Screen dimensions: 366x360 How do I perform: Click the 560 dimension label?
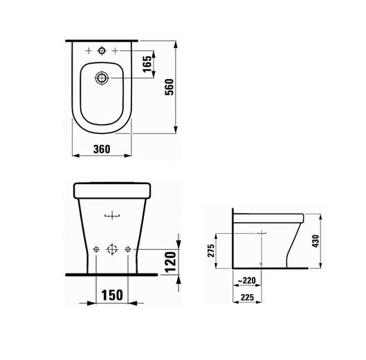click(x=170, y=87)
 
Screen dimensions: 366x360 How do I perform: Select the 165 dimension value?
click(x=147, y=64)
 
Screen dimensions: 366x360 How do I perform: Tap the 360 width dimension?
click(x=102, y=150)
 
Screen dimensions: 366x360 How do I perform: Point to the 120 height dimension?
click(x=171, y=262)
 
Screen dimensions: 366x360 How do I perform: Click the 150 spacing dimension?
click(x=112, y=295)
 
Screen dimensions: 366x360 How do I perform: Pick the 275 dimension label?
click(x=211, y=251)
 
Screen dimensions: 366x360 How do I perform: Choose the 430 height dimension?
click(x=315, y=241)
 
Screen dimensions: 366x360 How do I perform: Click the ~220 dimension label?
click(x=247, y=280)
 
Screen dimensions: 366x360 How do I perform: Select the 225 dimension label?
click(x=247, y=298)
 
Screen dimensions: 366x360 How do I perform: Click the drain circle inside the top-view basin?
click(x=102, y=78)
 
